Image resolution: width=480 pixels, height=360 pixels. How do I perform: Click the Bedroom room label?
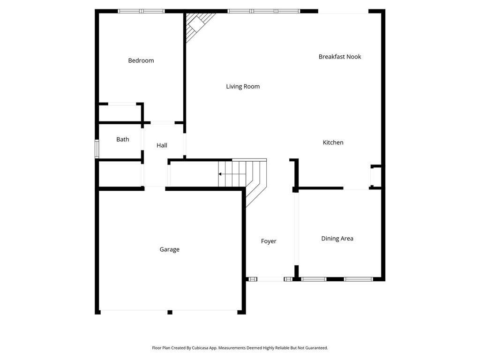point(141,60)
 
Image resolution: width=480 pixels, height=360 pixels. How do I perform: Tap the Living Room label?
point(243,86)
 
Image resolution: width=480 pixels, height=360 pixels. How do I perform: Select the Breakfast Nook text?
point(340,57)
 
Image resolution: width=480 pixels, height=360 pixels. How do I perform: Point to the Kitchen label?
point(333,142)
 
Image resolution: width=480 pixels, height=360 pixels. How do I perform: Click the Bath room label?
point(123,139)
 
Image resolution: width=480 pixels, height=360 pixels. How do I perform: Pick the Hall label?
point(162,145)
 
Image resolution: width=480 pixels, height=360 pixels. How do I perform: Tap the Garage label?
point(170,249)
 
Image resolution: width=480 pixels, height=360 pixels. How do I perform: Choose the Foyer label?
point(269,241)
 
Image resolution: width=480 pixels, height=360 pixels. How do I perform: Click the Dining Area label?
point(337,239)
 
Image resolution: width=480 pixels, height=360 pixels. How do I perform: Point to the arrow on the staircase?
point(220,174)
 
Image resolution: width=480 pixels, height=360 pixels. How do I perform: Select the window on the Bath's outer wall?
point(97,149)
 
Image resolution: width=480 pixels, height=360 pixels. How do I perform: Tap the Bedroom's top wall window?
point(141,11)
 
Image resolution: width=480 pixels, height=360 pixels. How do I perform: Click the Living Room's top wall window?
point(264,11)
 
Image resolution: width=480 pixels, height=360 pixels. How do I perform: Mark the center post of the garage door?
point(170,312)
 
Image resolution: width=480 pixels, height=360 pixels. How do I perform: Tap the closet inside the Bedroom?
point(120,113)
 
